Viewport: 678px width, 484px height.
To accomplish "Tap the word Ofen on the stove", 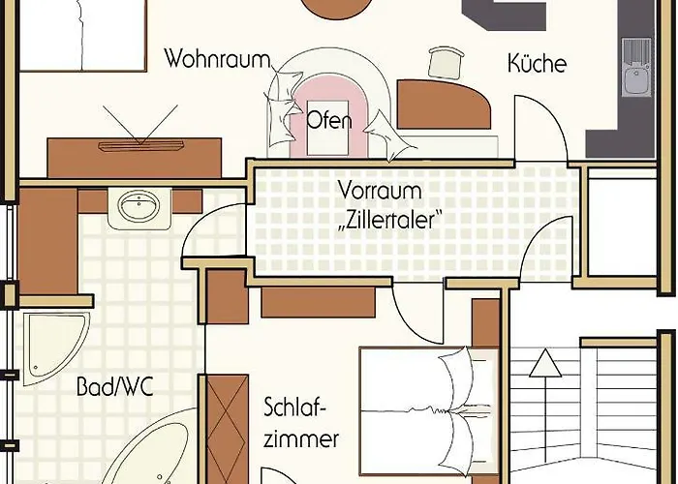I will point(328,122).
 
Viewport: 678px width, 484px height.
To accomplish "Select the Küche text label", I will point(537,64).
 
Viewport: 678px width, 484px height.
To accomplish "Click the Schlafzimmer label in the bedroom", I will point(301,421).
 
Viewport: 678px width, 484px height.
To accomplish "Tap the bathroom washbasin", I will point(139,206).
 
